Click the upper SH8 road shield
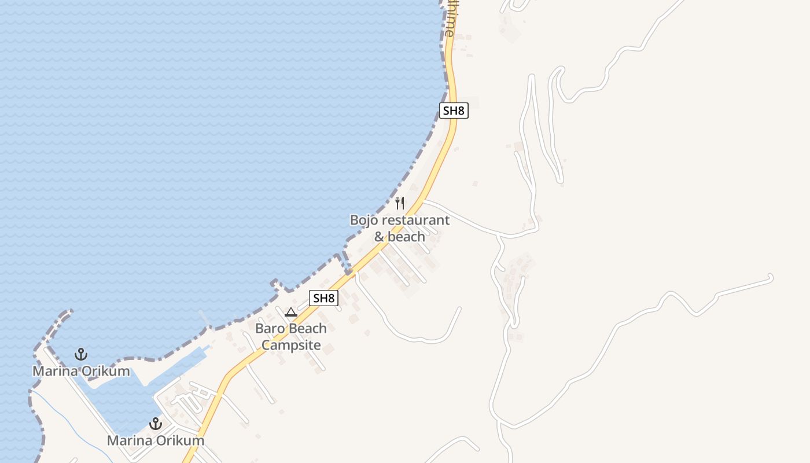[x=454, y=111]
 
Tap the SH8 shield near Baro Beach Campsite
[x=323, y=298]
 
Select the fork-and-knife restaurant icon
[x=399, y=203]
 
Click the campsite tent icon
[x=291, y=313]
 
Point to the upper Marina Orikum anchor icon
[x=81, y=354]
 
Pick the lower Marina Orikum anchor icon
[x=155, y=423]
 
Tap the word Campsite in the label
[x=291, y=346]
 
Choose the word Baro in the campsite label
[x=270, y=329]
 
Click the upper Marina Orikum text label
[x=81, y=371]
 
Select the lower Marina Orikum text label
[x=155, y=440]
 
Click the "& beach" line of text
[x=399, y=237]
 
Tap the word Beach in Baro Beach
[x=307, y=329]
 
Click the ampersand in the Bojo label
[x=379, y=237]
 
